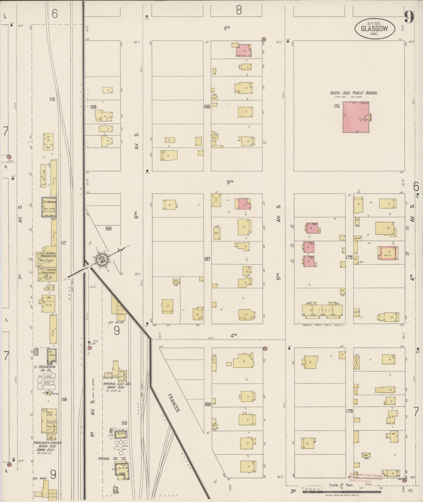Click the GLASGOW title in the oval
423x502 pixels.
coord(375,29)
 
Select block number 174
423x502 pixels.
coord(337,106)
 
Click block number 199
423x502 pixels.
coord(108,229)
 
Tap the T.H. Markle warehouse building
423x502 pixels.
coord(49,207)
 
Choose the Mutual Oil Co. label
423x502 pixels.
coord(112,459)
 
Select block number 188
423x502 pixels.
coord(207,404)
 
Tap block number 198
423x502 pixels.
coord(93,107)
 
